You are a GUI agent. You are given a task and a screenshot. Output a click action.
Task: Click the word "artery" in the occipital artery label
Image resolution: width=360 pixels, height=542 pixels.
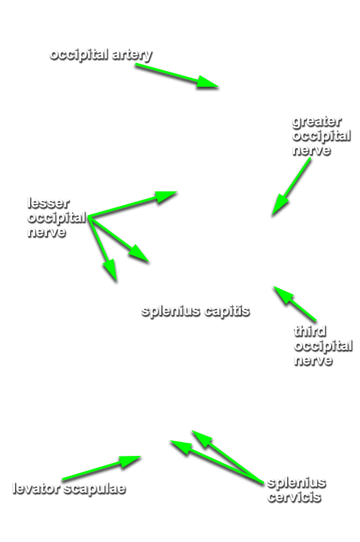pyautogui.click(x=132, y=55)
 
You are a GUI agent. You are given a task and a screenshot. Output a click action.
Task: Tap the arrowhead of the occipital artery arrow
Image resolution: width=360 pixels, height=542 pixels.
pyautogui.click(x=207, y=83)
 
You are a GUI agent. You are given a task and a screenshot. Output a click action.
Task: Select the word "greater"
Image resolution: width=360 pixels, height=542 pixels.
pyautogui.click(x=317, y=122)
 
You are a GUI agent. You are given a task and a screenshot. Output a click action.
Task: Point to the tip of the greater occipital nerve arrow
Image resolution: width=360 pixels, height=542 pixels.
pyautogui.click(x=272, y=216)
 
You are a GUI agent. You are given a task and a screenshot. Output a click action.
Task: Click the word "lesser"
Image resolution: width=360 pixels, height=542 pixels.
pyautogui.click(x=48, y=203)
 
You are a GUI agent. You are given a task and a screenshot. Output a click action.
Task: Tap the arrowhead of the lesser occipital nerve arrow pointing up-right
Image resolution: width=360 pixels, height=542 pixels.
pyautogui.click(x=166, y=196)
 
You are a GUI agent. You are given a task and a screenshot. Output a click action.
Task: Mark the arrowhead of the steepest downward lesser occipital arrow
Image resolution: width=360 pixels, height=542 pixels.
pyautogui.click(x=111, y=270)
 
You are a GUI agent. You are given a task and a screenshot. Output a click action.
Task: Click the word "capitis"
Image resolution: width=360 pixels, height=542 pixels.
pyautogui.click(x=227, y=311)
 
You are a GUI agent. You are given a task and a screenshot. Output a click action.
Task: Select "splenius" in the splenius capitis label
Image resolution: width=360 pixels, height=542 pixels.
pyautogui.click(x=171, y=311)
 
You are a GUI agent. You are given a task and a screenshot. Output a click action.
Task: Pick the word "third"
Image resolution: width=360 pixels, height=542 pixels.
pyautogui.click(x=310, y=331)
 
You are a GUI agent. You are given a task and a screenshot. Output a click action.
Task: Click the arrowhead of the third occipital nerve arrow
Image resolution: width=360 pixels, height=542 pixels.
pyautogui.click(x=283, y=295)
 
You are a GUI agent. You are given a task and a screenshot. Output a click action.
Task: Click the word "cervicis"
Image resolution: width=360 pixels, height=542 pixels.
pyautogui.click(x=294, y=497)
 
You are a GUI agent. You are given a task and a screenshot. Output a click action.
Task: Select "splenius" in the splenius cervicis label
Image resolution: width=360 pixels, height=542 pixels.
pyautogui.click(x=296, y=482)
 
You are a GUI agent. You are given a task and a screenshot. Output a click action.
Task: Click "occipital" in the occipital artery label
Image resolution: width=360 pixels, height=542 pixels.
pyautogui.click(x=79, y=55)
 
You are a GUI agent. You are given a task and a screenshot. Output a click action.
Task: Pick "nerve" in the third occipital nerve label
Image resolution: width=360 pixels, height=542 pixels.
pyautogui.click(x=314, y=360)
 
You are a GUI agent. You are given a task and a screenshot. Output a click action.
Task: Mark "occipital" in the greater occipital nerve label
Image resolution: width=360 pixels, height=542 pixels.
pyautogui.click(x=321, y=136)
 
